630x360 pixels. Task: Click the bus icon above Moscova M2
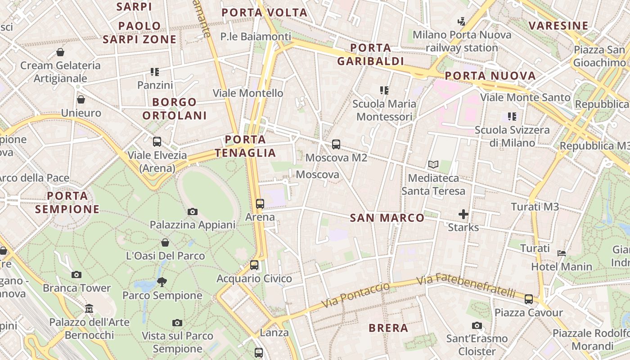coord(336,144)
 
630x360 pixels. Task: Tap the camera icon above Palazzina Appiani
coord(193,211)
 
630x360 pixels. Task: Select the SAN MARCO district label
coord(387,218)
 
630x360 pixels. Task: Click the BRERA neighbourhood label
coord(388,328)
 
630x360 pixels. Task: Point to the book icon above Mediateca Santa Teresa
coord(433,165)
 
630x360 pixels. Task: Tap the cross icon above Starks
coord(463,214)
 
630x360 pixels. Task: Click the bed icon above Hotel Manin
coord(562,253)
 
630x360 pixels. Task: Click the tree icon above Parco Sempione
coord(162,282)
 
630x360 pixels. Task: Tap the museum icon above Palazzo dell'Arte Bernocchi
coord(89,309)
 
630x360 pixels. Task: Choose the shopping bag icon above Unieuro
coord(81,99)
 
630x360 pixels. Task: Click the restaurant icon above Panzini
coord(155,72)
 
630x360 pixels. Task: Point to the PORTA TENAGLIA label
coord(245,146)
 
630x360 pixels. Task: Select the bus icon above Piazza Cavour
coord(529,299)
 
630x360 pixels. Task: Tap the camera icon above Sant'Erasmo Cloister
coord(477,325)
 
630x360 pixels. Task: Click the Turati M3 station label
coord(535,207)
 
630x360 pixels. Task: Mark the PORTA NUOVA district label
coord(490,76)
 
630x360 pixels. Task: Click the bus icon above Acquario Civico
coord(254,265)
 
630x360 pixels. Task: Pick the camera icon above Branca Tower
coord(76,274)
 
